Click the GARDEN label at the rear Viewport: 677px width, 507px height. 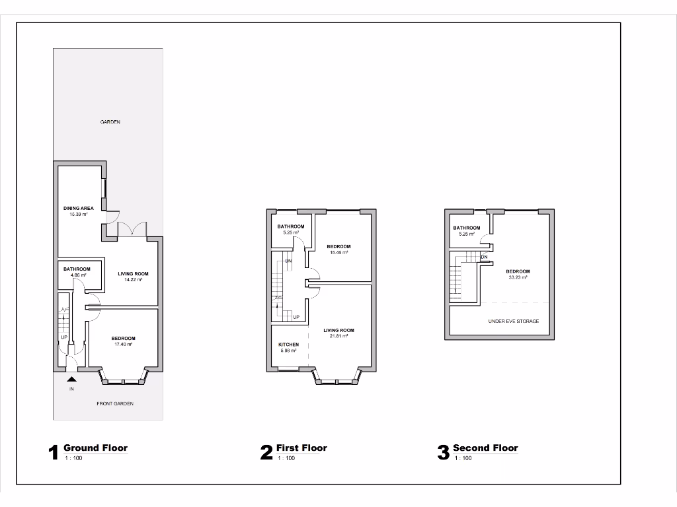pyautogui.click(x=110, y=122)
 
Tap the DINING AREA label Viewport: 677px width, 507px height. pyautogui.click(x=79, y=208)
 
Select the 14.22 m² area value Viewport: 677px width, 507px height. pyautogui.click(x=133, y=280)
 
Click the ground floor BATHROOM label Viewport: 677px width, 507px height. pyautogui.click(x=77, y=269)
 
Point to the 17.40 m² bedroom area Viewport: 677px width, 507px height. pyautogui.click(x=124, y=345)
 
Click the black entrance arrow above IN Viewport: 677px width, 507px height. pyautogui.click(x=71, y=379)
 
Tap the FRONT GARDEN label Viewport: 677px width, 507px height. pyautogui.click(x=115, y=403)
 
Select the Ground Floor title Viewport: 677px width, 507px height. pyautogui.click(x=95, y=448)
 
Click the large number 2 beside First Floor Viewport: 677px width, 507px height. pyautogui.click(x=266, y=452)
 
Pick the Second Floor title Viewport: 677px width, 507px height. pyautogui.click(x=485, y=448)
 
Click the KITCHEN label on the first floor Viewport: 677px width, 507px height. pyautogui.click(x=288, y=345)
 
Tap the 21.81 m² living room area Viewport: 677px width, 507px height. pyautogui.click(x=338, y=336)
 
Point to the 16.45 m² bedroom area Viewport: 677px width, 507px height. pyautogui.click(x=338, y=252)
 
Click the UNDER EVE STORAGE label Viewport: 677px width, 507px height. pyautogui.click(x=514, y=321)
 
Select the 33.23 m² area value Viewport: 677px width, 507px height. pyautogui.click(x=518, y=277)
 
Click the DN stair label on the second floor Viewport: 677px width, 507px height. pyautogui.click(x=485, y=257)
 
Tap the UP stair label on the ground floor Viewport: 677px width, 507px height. pyautogui.click(x=65, y=337)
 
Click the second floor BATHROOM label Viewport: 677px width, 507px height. pyautogui.click(x=467, y=228)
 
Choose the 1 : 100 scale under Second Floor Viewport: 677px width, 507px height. pyautogui.click(x=463, y=458)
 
